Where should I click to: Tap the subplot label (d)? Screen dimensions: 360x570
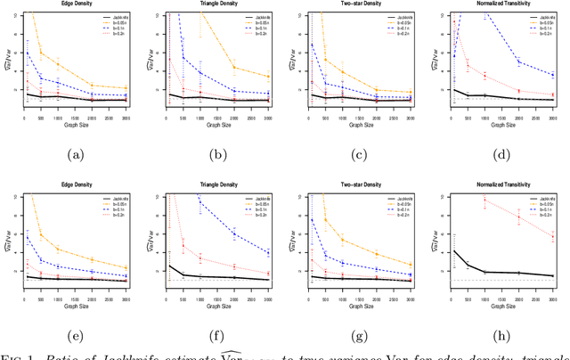click(502, 154)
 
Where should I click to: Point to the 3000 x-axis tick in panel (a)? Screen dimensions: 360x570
click(126, 116)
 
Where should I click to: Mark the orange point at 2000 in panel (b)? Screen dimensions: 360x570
click(234, 68)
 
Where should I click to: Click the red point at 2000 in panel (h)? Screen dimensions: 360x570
click(518, 217)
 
